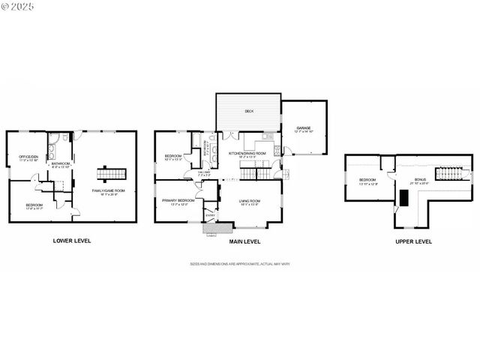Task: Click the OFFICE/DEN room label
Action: (28, 157)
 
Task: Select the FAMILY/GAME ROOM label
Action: (107, 191)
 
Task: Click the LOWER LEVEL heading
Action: (73, 241)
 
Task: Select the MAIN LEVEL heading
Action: (244, 241)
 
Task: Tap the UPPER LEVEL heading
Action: (412, 241)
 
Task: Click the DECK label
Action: (248, 111)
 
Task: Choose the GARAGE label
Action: (303, 128)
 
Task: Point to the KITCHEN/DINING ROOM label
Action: (252, 154)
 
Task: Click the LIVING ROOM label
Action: (249, 202)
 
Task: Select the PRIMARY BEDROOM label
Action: (178, 201)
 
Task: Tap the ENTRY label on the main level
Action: (210, 217)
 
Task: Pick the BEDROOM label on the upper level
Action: (367, 180)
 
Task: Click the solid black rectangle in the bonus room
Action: (403, 197)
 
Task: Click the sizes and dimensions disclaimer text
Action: (240, 264)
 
